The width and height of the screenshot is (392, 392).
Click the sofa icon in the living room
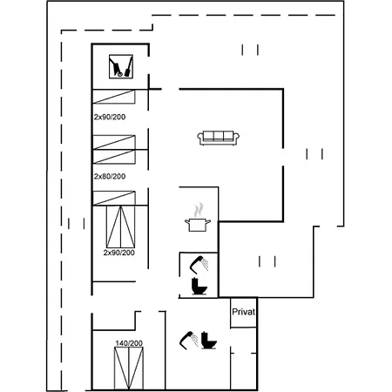(219, 138)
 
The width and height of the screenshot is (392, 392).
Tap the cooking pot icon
(198, 225)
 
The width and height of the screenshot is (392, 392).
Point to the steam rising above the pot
(199, 210)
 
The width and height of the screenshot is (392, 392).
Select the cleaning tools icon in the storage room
(121, 66)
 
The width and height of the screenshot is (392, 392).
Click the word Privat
(244, 312)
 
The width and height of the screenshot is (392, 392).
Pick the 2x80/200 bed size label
(110, 176)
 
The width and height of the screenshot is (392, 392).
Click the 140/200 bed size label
(129, 343)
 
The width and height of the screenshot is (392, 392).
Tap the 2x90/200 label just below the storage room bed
(110, 117)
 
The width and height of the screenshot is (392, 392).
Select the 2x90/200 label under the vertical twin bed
(119, 253)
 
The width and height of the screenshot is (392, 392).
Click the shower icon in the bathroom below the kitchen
(199, 264)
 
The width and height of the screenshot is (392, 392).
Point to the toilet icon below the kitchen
(199, 287)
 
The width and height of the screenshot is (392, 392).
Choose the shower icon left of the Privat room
(189, 340)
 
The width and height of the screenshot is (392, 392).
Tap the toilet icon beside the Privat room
(209, 340)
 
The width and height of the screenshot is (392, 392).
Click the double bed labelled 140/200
(129, 368)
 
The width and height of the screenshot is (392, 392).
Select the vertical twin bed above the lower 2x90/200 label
(121, 226)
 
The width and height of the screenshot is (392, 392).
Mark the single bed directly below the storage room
(114, 97)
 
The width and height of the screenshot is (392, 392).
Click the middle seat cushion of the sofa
(219, 136)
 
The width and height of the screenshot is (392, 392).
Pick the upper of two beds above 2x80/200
(114, 142)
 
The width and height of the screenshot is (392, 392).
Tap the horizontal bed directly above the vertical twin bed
(114, 198)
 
